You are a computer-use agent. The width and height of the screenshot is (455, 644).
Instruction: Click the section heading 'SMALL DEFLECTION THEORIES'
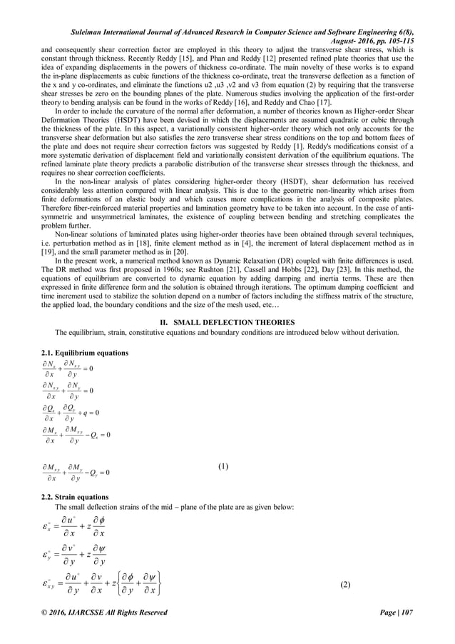click(x=235, y=323)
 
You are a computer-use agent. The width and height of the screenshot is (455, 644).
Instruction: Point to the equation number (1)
click(x=223, y=467)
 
